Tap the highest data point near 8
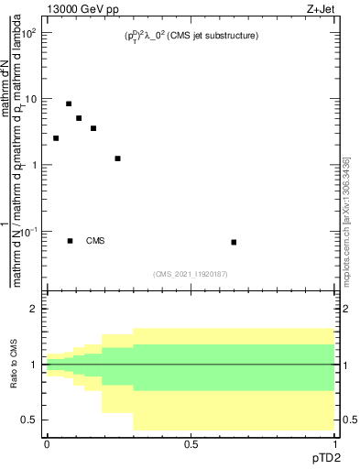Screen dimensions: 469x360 coord(69,104)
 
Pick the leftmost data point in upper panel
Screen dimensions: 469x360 coord(56,138)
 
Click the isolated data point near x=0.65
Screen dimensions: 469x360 coord(235,242)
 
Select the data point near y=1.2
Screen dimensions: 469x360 coord(117,158)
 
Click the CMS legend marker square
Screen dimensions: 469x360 coord(71,241)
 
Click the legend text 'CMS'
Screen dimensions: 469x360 coord(95,241)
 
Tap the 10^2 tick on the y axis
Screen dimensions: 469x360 coord(29,33)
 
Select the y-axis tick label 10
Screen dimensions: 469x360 coord(30,99)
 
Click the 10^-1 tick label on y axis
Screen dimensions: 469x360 coord(28,231)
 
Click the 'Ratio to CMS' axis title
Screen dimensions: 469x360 coord(12,365)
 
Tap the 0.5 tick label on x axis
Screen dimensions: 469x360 coord(191,443)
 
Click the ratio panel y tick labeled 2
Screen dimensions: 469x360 coord(34,310)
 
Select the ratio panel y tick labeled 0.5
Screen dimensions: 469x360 coord(30,420)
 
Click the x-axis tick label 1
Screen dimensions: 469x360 coord(335,443)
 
